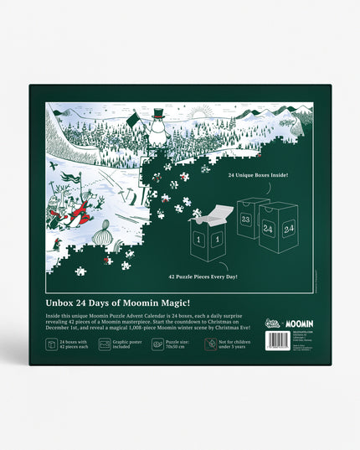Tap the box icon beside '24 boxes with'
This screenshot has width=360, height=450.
(x=52, y=344)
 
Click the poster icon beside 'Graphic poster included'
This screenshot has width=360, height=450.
(x=105, y=344)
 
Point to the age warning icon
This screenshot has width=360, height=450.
(x=211, y=344)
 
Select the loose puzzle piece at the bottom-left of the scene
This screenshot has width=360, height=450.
(x=80, y=271)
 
